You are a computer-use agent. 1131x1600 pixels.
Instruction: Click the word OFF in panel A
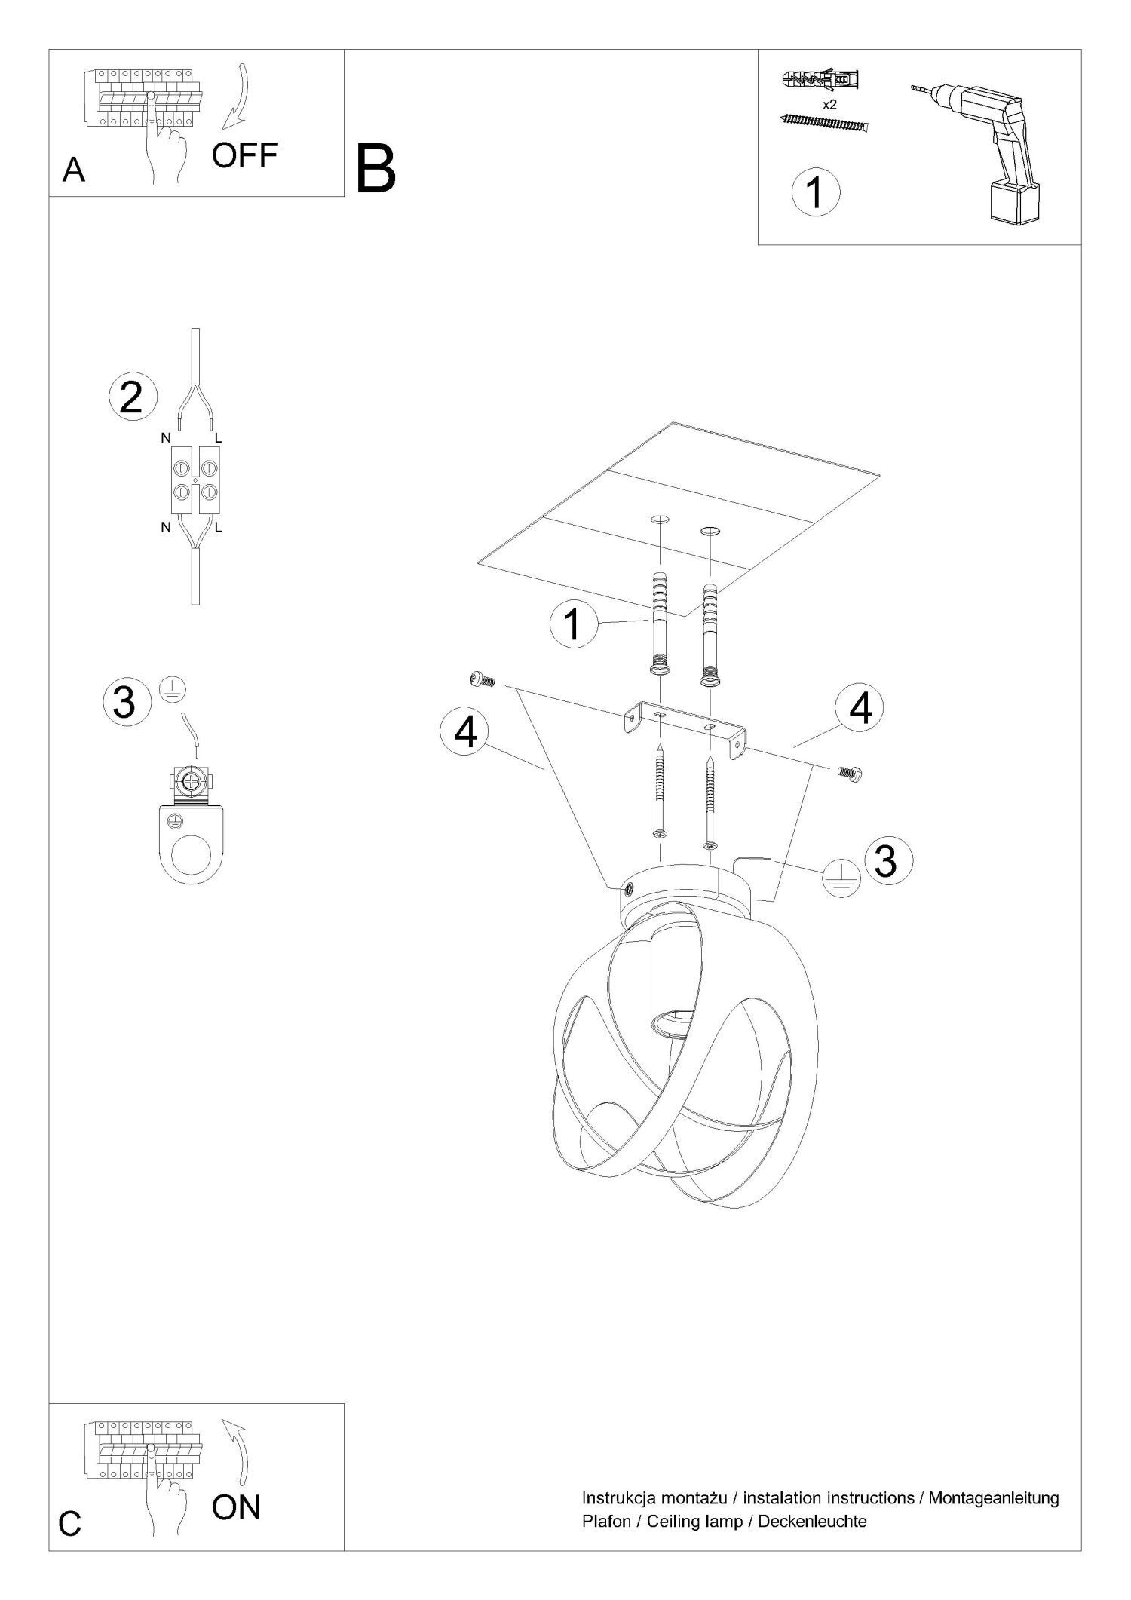pos(244,156)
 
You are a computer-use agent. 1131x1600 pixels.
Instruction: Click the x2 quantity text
pos(829,105)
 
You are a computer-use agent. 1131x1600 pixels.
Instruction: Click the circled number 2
pos(132,397)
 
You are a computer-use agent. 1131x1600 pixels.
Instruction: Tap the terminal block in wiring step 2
pos(195,480)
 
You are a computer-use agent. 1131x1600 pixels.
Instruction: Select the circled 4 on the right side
pos(859,709)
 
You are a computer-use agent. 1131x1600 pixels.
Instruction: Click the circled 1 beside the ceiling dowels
pos(574,624)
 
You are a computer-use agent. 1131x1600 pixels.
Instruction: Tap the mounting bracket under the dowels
pos(685,731)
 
